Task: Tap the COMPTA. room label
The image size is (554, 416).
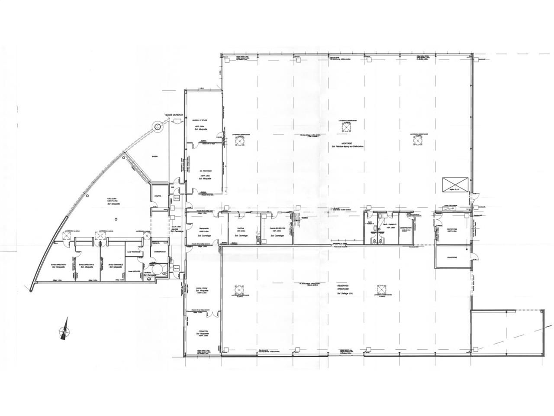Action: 158,196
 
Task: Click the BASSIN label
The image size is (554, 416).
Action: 155,157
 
